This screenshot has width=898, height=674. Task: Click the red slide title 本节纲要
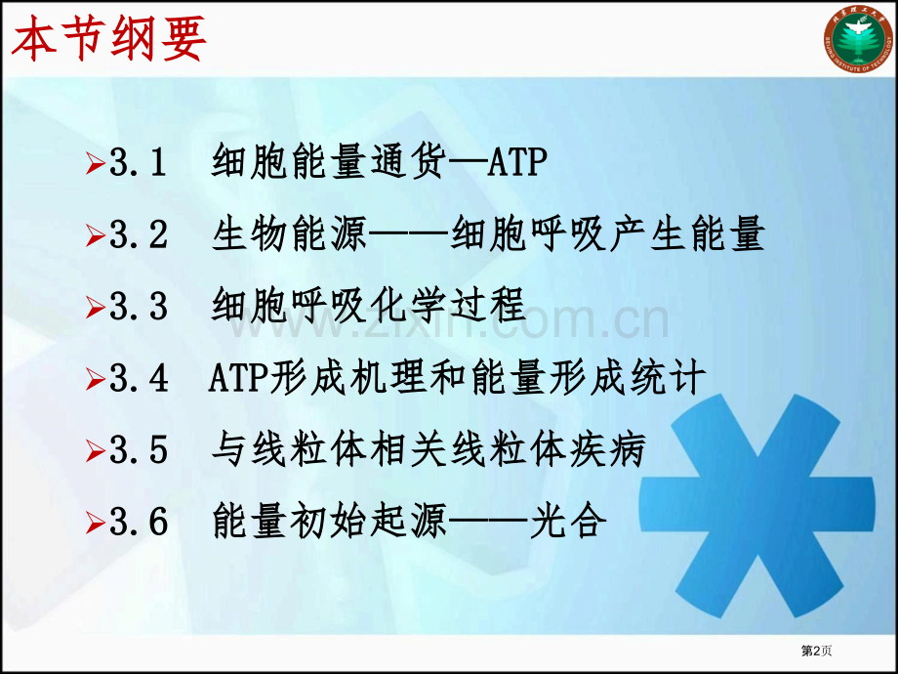(108, 38)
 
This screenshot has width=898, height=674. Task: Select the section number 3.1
(138, 162)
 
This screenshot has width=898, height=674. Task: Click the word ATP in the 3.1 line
(517, 161)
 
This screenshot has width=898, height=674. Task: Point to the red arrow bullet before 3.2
(96, 235)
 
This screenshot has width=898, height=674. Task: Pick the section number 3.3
(139, 306)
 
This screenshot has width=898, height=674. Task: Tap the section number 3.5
(139, 450)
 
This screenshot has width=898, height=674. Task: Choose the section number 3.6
(139, 522)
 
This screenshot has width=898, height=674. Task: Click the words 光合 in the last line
(568, 521)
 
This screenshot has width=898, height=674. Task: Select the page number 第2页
(816, 651)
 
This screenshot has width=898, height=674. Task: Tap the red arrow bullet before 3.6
(96, 523)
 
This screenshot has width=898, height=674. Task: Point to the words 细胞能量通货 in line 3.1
(329, 161)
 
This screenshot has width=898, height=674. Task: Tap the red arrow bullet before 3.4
(96, 379)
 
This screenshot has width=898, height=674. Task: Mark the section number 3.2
(139, 234)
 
